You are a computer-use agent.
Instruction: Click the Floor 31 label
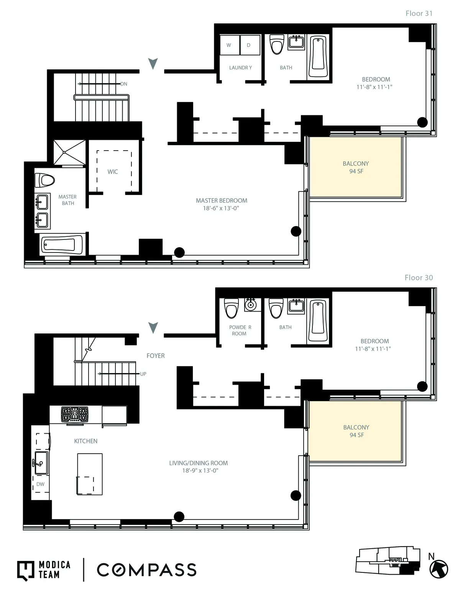(x=419, y=13)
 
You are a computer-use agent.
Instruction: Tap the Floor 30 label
(x=419, y=278)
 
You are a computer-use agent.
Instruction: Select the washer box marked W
(x=229, y=45)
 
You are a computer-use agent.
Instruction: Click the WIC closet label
(x=113, y=172)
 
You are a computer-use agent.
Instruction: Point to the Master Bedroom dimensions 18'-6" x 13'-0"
(x=221, y=208)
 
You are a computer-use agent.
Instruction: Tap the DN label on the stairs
(x=124, y=84)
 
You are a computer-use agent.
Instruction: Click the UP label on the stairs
(x=143, y=374)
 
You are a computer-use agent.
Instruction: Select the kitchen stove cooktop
(x=75, y=414)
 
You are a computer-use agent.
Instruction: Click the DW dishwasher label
(x=40, y=484)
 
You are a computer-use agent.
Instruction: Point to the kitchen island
(x=90, y=474)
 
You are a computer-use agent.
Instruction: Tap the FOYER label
(x=156, y=356)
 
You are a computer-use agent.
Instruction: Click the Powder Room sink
(x=250, y=305)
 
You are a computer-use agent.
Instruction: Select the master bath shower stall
(x=69, y=152)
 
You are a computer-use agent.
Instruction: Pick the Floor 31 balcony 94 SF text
(x=356, y=171)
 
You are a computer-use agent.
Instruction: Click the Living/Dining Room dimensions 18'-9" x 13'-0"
(x=200, y=471)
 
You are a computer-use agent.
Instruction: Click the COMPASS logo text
(x=146, y=570)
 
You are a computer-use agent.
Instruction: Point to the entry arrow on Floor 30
(x=153, y=328)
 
